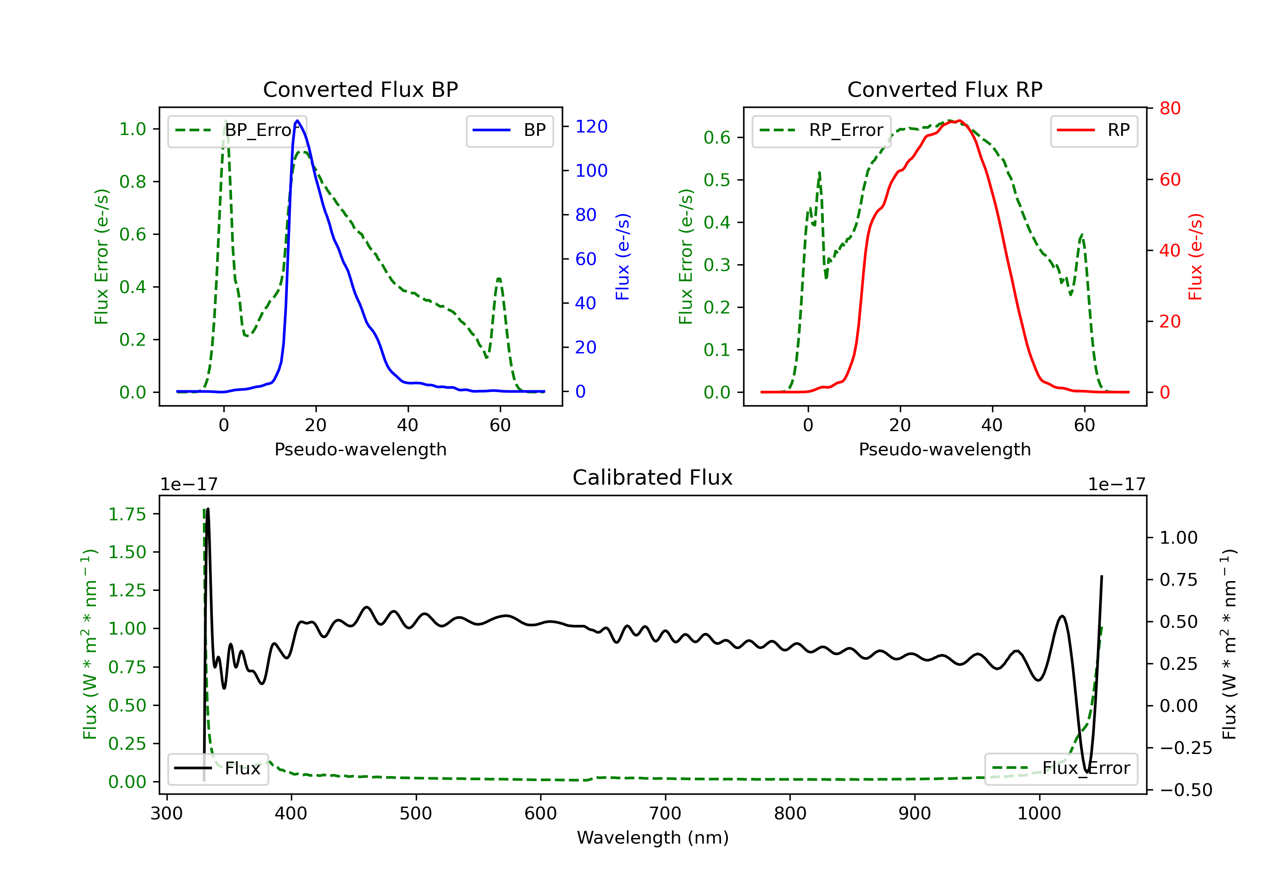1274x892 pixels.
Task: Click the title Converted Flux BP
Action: point(360,89)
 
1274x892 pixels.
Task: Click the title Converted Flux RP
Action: point(944,89)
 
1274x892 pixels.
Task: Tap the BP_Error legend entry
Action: point(237,130)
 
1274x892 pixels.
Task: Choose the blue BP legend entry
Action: point(509,130)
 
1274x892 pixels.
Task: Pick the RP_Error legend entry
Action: point(821,130)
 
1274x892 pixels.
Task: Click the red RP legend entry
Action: point(1094,130)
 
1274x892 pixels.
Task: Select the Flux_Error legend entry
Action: point(1060,768)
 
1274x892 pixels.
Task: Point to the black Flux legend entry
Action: point(217,768)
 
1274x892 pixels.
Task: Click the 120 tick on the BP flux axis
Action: point(592,127)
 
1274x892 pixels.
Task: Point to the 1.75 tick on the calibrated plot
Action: point(127,514)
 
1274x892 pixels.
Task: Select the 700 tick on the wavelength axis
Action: point(665,814)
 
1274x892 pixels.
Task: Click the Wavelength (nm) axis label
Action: point(653,838)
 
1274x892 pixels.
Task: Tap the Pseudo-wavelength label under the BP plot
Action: point(361,449)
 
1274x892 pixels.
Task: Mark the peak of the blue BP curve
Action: point(297,121)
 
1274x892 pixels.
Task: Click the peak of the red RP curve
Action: point(959,121)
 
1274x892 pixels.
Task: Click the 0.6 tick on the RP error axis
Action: point(717,137)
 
